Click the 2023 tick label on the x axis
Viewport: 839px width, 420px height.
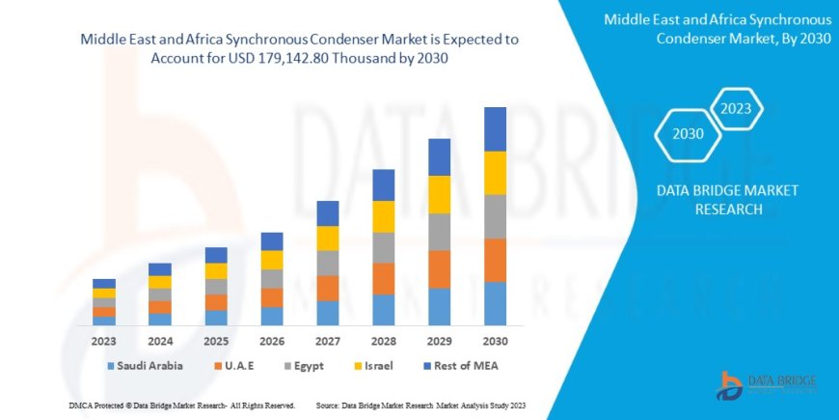tap(104, 341)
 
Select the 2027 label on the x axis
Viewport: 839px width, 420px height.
tap(328, 341)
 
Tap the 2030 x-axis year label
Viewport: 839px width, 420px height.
tap(495, 341)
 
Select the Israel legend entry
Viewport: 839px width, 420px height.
tap(381, 366)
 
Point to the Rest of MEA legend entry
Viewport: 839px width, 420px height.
tap(464, 366)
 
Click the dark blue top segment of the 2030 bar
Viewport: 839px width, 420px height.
tap(495, 128)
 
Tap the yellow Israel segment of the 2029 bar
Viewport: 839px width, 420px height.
tap(440, 194)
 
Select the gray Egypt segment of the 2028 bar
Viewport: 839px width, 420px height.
tap(384, 247)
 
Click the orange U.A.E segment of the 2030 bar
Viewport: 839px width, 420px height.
tap(495, 260)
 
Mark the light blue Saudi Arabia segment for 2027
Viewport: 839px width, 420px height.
tap(328, 313)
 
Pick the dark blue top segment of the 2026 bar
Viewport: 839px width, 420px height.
tap(272, 241)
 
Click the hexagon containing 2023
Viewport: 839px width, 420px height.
tap(736, 108)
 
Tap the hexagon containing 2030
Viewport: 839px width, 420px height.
tap(688, 134)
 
